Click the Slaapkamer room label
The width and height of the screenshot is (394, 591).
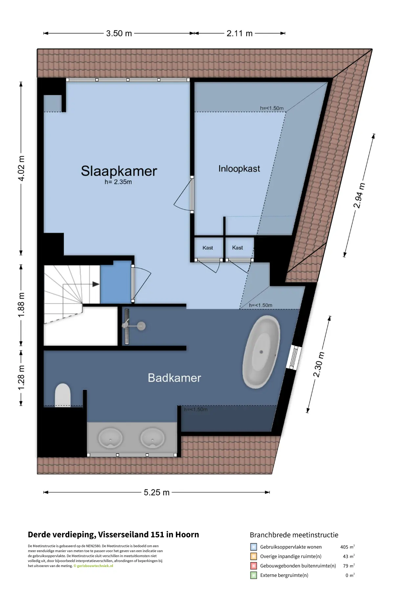coord(119,171)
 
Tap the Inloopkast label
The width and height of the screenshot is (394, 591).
coord(239,169)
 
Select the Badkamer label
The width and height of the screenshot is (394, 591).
coord(174,378)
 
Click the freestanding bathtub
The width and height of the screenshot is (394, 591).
coord(261,352)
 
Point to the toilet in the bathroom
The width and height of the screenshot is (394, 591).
coord(63,395)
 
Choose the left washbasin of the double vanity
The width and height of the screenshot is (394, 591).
coord(110,438)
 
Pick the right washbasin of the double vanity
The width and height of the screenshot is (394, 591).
coord(152,438)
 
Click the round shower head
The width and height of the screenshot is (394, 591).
coord(141,326)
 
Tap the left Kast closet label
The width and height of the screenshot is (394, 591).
coord(208,248)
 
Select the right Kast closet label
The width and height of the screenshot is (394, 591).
coord(237,248)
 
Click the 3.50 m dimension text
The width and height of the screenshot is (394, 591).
coord(119,33)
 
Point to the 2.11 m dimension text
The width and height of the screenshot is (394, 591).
coord(240,33)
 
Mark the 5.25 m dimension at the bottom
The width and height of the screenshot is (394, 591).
coord(157,492)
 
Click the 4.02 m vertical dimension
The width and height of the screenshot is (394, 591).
coord(21,168)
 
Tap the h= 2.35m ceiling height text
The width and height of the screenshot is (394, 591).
coord(118,182)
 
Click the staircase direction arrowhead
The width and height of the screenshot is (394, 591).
coord(96,284)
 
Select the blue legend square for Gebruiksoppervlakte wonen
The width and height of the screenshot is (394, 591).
coord(253,547)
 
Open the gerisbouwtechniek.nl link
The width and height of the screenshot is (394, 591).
coord(95,566)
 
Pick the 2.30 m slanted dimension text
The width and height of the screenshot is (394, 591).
coord(318,364)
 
